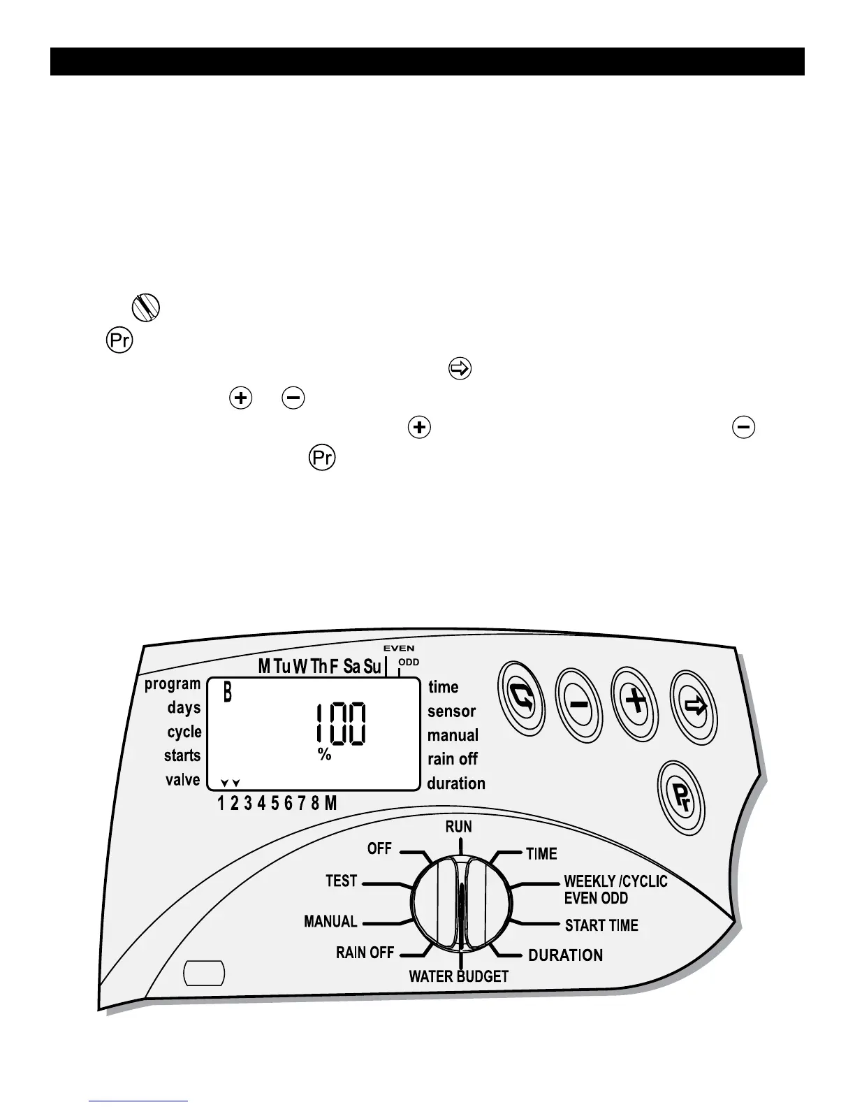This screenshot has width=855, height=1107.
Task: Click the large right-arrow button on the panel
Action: click(x=694, y=707)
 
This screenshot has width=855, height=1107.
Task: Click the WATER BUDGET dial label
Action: click(x=458, y=976)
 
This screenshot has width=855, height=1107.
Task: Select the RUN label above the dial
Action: click(x=459, y=827)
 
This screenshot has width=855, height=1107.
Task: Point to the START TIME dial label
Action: click(x=601, y=925)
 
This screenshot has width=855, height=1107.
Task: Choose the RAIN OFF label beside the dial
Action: click(x=365, y=953)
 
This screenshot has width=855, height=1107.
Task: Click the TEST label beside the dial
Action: click(x=342, y=881)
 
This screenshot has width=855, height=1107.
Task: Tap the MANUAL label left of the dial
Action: click(x=330, y=922)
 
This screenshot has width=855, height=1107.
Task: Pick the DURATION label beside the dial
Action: click(x=565, y=955)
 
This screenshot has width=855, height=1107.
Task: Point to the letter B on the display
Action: click(x=227, y=694)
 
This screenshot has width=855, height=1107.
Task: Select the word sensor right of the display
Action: click(x=451, y=711)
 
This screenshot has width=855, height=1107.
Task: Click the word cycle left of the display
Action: click(x=184, y=732)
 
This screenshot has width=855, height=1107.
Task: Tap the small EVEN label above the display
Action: click(x=399, y=649)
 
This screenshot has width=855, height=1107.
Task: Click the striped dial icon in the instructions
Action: click(x=145, y=307)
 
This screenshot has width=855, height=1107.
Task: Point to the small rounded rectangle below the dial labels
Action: click(x=204, y=973)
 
